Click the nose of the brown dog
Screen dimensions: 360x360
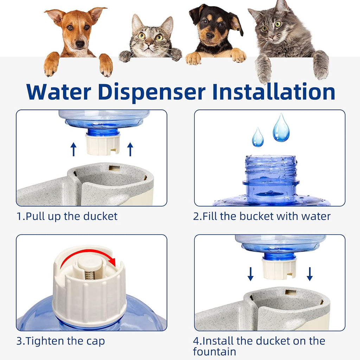click(80, 44)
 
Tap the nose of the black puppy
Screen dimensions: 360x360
click(210, 35)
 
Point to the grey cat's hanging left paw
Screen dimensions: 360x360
click(263, 69)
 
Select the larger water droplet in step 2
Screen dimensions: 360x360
click(281, 128)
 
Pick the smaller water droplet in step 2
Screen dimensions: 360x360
click(258, 138)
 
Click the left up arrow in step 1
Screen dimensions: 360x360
click(73, 149)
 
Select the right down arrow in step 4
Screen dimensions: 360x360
click(309, 274)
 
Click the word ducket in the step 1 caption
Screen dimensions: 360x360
click(100, 216)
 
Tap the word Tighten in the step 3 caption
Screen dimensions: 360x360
click(46, 341)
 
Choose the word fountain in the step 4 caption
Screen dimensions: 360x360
click(214, 352)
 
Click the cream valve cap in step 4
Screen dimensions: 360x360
click(279, 269)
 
